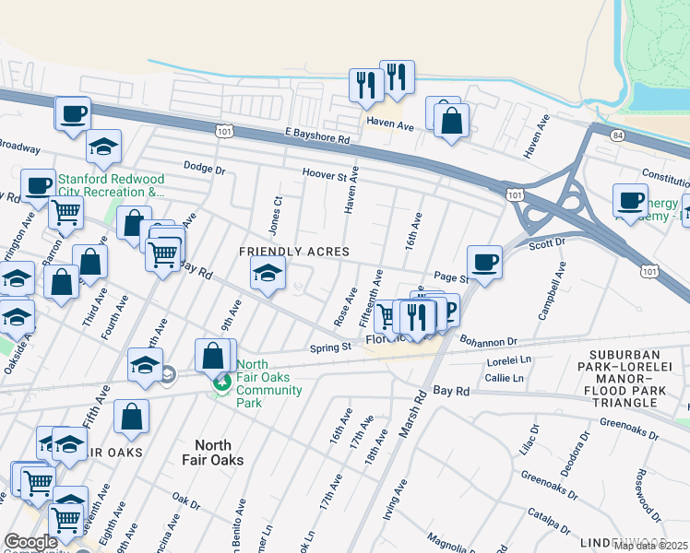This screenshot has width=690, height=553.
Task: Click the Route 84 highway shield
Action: (616, 135)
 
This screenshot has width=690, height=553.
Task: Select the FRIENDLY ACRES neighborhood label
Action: (294, 252)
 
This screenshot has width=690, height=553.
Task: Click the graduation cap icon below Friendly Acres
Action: (268, 274)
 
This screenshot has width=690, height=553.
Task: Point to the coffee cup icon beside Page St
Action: (484, 262)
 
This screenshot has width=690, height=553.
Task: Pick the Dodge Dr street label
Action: (204, 169)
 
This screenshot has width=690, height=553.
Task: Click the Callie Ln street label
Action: (504, 378)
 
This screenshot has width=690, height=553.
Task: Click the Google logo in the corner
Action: (30, 542)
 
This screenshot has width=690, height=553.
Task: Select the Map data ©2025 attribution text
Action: (650, 546)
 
